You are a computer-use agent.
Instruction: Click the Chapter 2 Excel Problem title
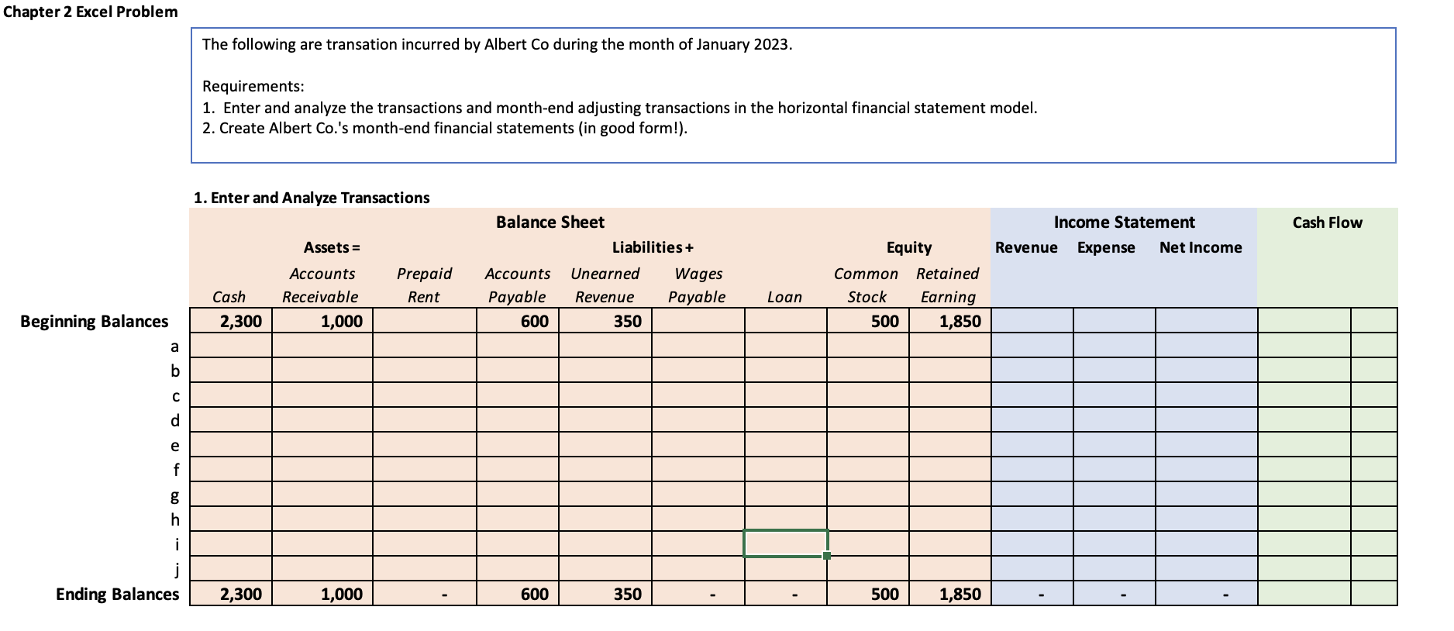tap(91, 12)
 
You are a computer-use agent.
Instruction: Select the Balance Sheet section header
tap(550, 222)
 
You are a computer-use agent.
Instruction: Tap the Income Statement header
tap(1125, 222)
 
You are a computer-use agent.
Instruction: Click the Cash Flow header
tap(1328, 222)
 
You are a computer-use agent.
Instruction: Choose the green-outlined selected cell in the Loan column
tap(785, 543)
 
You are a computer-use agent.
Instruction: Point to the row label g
tap(175, 495)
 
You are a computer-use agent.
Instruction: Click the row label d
tap(175, 420)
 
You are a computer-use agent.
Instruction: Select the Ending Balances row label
tap(117, 595)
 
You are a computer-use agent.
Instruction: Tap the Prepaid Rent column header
tap(424, 284)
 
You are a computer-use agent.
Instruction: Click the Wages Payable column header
tap(697, 284)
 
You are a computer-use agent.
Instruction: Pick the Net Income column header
tap(1201, 247)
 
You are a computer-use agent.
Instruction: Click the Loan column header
tap(784, 297)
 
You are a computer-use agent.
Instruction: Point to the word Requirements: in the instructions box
tap(253, 86)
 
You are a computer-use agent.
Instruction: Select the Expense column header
tap(1106, 248)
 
